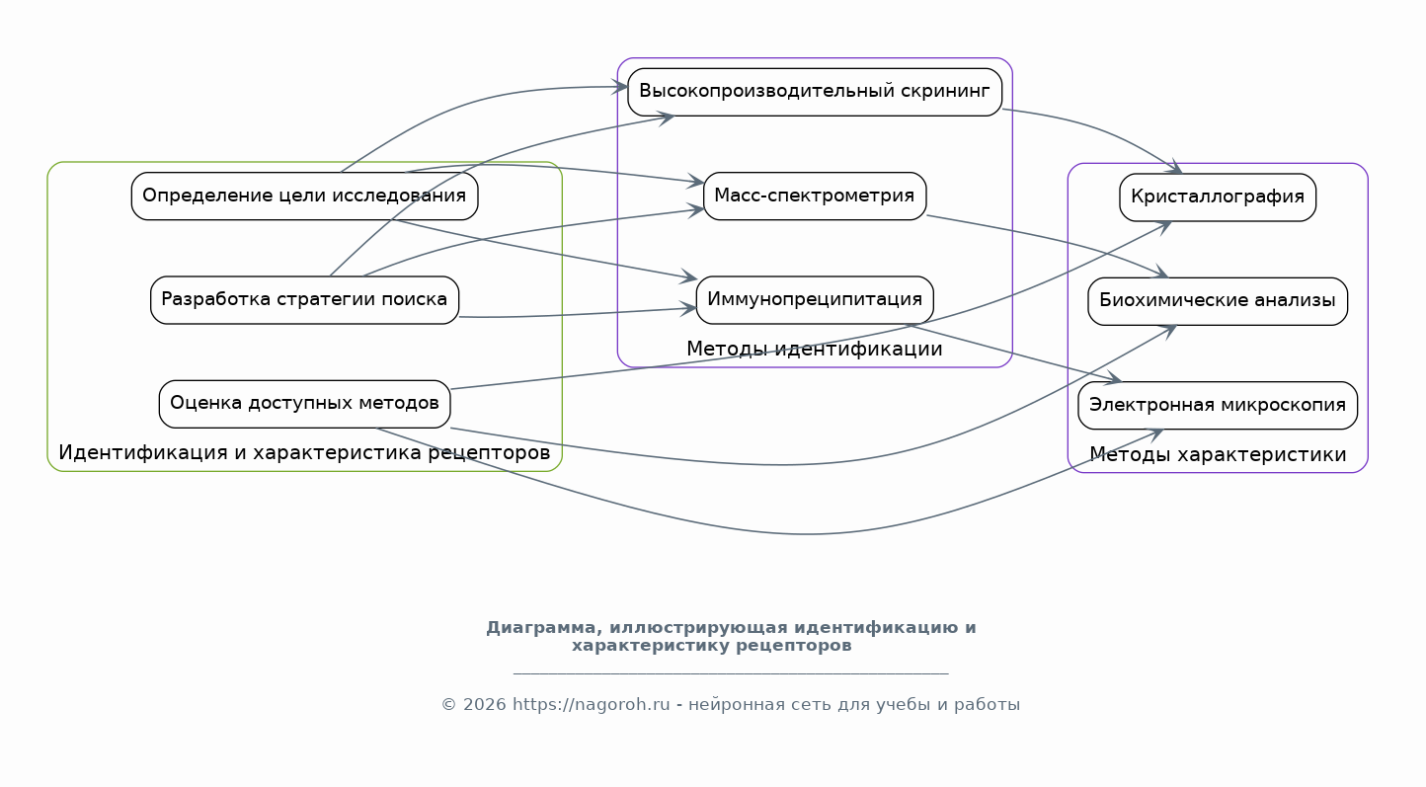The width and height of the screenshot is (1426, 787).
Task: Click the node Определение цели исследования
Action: click(x=304, y=197)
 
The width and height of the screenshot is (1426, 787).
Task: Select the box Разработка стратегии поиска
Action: click(x=304, y=300)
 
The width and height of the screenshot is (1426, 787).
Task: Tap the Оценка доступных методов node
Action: click(x=304, y=404)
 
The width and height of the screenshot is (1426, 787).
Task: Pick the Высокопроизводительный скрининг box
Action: click(x=814, y=92)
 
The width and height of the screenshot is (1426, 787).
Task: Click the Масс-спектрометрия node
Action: click(x=814, y=197)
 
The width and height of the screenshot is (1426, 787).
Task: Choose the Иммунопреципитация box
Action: click(x=814, y=300)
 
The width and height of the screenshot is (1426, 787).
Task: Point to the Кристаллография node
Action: click(x=1218, y=197)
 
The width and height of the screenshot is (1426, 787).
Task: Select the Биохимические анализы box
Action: click(x=1218, y=301)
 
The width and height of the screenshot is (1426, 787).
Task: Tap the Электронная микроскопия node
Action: click(x=1218, y=406)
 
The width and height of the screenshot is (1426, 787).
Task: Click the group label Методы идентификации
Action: click(x=814, y=349)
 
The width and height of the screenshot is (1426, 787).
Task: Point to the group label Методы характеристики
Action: click(x=1218, y=454)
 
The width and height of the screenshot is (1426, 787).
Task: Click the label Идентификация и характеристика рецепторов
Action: click(x=304, y=452)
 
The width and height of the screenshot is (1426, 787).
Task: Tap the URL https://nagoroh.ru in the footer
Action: click(x=591, y=705)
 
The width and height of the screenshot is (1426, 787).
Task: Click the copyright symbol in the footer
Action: click(x=448, y=705)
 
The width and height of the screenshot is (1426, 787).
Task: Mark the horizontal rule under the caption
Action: click(x=731, y=673)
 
